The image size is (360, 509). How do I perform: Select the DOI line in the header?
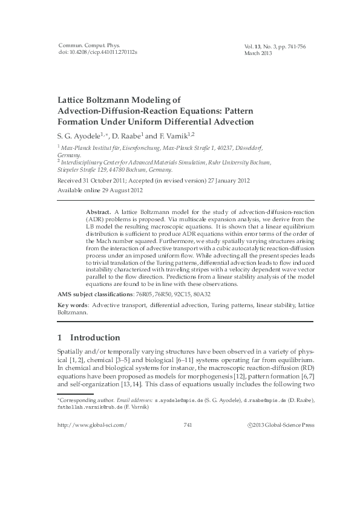pyautogui.click(x=97, y=53)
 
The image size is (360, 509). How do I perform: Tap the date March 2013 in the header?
pyautogui.click(x=258, y=53)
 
